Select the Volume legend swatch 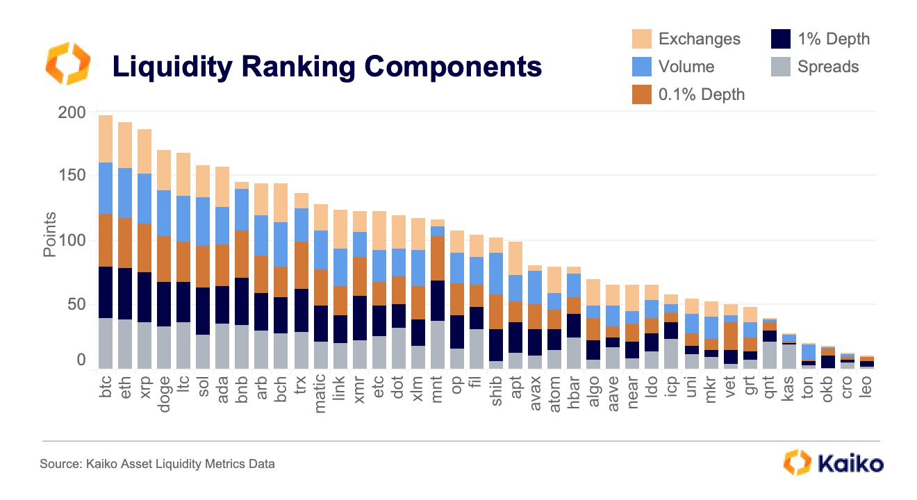coord(641,67)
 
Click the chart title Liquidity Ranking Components coord(327,67)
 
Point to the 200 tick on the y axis coord(72,112)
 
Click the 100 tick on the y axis coord(72,241)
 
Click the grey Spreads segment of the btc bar coord(106,343)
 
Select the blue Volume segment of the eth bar coord(125,193)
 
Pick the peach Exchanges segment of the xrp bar coord(144,151)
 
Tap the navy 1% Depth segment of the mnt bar coord(438,301)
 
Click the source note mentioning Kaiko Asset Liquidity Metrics coord(157,464)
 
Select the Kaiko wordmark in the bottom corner coord(850,463)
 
